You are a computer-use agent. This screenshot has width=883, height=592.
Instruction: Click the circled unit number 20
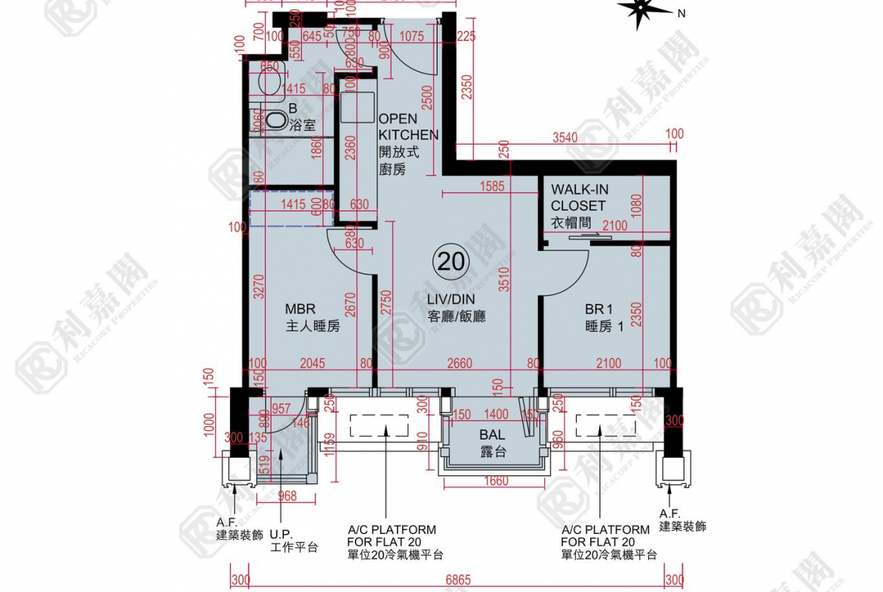point(451,262)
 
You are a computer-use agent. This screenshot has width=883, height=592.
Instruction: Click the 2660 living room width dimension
point(459,363)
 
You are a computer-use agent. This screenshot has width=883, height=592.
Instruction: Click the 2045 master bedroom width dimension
point(312,363)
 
